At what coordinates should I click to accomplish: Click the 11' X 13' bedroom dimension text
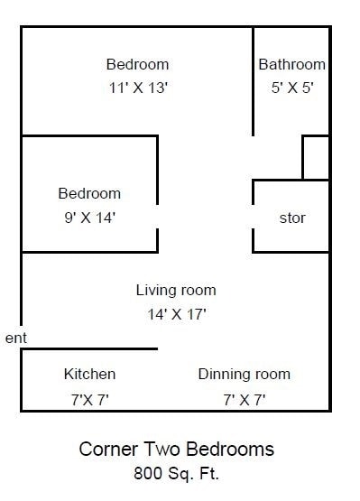click(137, 88)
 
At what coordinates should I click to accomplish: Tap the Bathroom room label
click(291, 65)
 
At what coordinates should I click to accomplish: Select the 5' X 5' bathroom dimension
click(291, 88)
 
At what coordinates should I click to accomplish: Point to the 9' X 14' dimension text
click(88, 217)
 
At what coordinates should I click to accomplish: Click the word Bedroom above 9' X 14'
click(89, 193)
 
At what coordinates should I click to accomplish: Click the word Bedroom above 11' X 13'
click(137, 65)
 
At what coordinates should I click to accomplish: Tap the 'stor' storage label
click(292, 218)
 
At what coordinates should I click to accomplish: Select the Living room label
click(176, 290)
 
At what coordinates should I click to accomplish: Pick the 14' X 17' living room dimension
click(176, 314)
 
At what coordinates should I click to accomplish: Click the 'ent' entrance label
click(15, 338)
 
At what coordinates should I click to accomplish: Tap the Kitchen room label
click(89, 374)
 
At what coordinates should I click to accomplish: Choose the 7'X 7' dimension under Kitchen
click(89, 398)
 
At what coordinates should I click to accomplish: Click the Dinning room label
click(244, 374)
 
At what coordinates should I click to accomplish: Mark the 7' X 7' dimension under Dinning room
click(244, 398)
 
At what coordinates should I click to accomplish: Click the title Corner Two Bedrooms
click(177, 449)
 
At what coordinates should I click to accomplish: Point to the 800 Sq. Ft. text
click(177, 471)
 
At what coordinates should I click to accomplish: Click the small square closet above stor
click(315, 158)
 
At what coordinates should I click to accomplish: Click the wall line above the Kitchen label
click(89, 349)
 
